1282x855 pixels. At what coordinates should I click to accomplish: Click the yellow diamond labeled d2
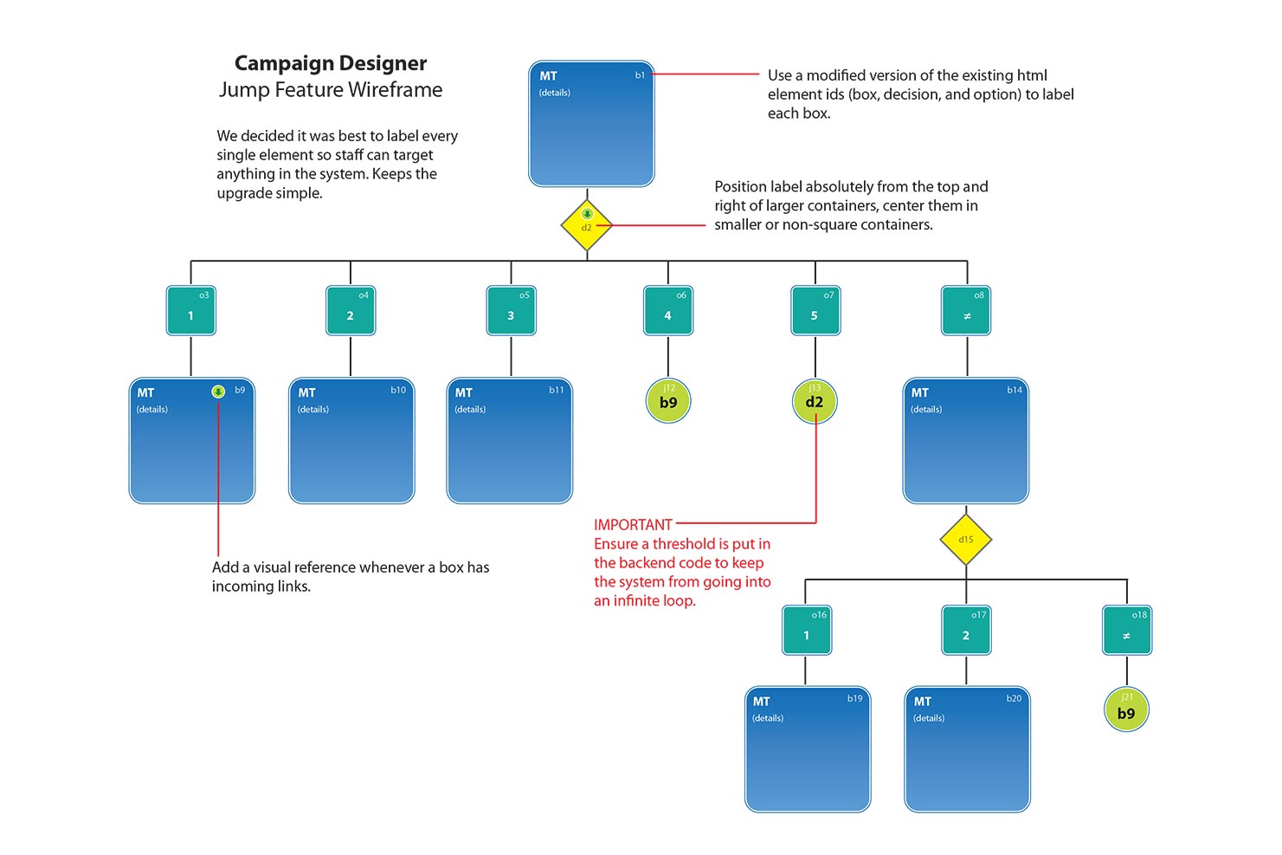click(587, 225)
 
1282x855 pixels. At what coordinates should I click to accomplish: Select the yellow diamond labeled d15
click(966, 540)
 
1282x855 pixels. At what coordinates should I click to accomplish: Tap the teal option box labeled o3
click(191, 311)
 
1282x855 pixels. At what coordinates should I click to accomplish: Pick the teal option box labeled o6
click(668, 311)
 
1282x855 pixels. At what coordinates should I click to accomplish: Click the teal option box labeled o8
click(966, 311)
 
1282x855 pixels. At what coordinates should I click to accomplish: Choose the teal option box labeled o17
click(966, 631)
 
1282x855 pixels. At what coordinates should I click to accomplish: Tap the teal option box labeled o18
click(1127, 631)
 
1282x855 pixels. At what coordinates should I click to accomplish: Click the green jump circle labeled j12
click(668, 400)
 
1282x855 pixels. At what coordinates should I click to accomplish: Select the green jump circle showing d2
click(815, 400)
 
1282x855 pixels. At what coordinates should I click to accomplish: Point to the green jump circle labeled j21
click(1126, 709)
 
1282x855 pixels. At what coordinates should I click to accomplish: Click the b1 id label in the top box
click(640, 75)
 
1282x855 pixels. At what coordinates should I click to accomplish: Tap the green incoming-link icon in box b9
click(218, 392)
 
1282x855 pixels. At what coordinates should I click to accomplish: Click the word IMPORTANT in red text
click(633, 525)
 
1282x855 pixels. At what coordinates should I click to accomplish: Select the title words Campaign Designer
click(331, 63)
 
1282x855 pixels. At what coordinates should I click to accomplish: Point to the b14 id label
click(1015, 390)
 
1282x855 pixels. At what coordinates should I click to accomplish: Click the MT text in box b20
click(923, 702)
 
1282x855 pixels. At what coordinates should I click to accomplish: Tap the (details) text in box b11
click(470, 410)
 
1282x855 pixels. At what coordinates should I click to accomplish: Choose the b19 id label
click(854, 698)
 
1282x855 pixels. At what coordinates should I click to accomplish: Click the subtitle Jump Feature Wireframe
click(331, 90)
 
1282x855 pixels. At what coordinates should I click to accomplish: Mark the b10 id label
click(398, 390)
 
